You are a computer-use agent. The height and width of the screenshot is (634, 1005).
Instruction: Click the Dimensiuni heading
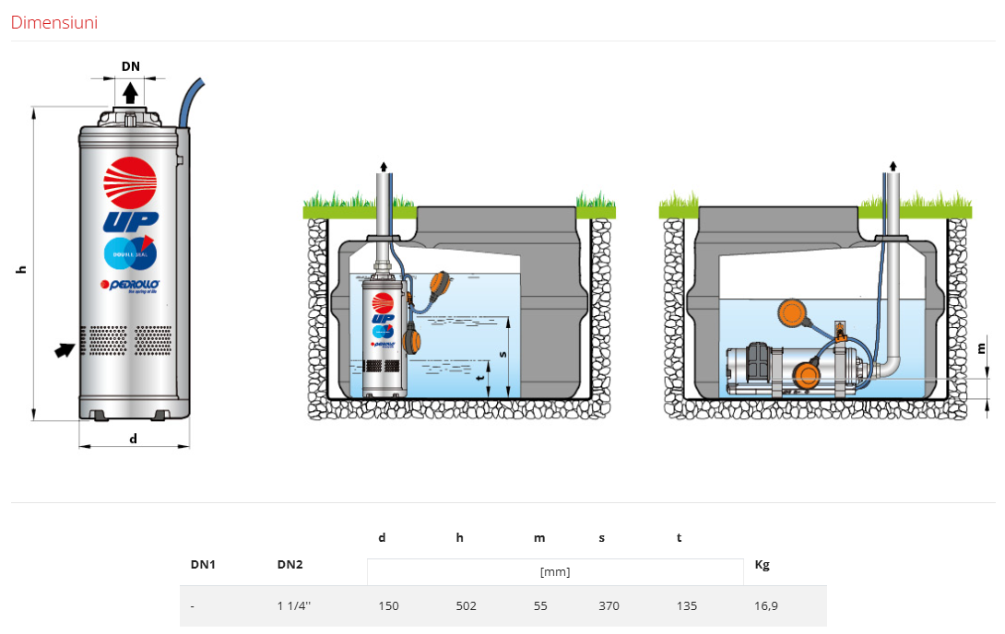click(53, 23)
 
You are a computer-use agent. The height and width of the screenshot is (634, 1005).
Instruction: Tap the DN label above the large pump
click(130, 66)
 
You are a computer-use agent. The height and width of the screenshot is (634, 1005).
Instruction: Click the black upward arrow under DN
click(130, 92)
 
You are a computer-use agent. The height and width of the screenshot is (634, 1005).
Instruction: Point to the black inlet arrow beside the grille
click(64, 349)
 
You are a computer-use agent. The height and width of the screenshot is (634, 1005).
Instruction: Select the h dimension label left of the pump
click(21, 269)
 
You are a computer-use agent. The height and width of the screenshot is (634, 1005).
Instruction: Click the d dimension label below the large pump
click(133, 439)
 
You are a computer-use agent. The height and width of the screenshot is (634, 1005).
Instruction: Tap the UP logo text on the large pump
click(131, 220)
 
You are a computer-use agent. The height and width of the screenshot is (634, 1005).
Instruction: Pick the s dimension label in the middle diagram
click(502, 353)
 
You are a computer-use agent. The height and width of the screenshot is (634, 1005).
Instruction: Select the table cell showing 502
click(467, 606)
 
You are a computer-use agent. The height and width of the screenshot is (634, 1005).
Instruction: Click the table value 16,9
click(765, 606)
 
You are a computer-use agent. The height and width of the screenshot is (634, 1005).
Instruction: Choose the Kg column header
click(762, 564)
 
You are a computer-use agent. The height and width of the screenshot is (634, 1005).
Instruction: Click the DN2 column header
click(290, 564)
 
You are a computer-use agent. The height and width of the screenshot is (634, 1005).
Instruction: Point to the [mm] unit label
click(555, 572)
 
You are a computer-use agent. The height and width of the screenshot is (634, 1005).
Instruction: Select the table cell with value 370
click(609, 606)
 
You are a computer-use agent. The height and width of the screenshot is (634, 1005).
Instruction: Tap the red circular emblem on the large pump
click(130, 178)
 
